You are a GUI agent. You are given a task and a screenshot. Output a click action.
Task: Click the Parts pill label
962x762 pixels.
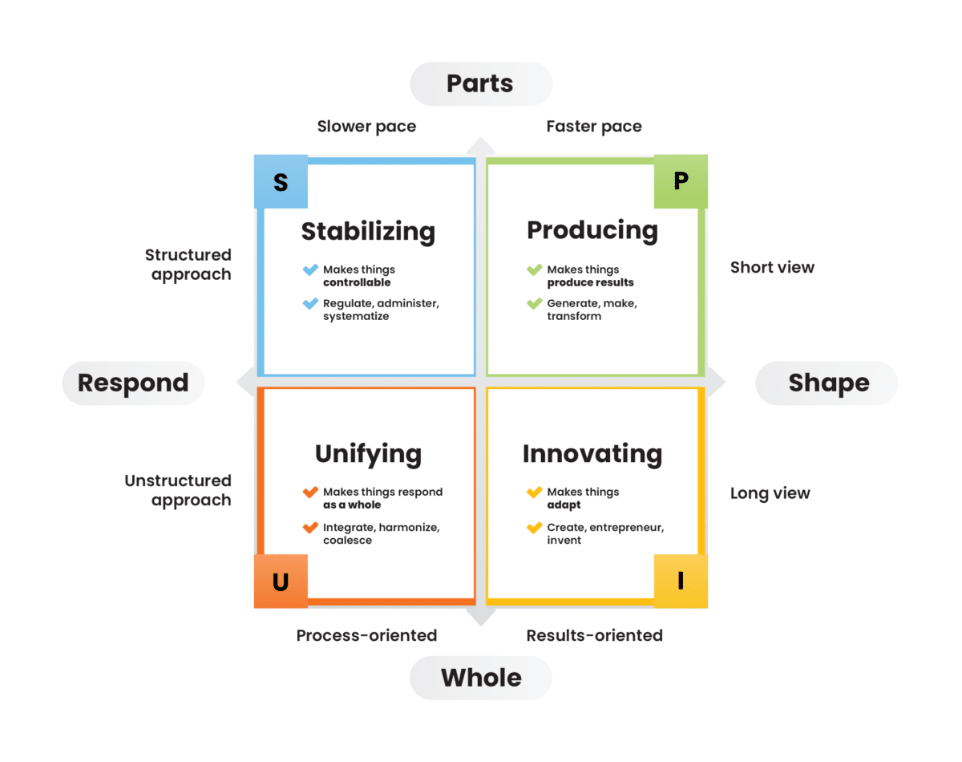(x=480, y=83)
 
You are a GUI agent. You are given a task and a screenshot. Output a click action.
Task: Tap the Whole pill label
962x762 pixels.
(x=481, y=678)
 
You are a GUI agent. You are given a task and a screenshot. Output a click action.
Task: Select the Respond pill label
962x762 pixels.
(x=133, y=383)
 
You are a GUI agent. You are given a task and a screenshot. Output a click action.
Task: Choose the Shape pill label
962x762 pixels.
(x=828, y=383)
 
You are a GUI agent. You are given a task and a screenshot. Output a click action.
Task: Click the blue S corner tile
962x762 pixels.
(x=281, y=182)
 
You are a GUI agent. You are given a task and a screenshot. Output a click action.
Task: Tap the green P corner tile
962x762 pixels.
(x=681, y=181)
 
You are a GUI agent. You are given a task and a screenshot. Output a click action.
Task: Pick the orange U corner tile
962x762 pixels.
(x=281, y=582)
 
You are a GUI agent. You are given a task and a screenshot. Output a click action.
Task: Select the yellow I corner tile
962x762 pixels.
(x=681, y=582)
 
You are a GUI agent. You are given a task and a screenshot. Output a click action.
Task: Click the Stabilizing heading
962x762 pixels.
(x=368, y=231)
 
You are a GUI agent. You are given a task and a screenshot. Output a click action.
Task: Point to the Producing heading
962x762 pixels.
(x=592, y=229)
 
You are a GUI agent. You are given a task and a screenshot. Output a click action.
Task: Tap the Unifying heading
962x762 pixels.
(x=368, y=453)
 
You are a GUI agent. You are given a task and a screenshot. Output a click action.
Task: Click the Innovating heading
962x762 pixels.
(x=592, y=453)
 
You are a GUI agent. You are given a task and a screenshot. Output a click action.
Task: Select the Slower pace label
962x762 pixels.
(x=366, y=126)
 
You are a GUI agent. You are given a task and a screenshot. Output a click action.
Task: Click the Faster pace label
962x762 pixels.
(x=594, y=126)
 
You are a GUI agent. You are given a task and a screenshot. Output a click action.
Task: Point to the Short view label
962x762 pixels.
(x=772, y=267)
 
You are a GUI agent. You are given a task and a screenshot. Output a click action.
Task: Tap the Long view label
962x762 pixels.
(x=770, y=493)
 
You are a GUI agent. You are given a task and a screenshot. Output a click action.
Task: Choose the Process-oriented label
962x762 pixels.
(x=366, y=635)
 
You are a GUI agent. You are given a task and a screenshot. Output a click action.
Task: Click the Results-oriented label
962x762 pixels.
(x=594, y=635)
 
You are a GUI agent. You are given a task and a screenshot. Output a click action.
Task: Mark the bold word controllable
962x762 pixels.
(x=357, y=282)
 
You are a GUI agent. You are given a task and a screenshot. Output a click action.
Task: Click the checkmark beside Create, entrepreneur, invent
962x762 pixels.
(x=534, y=528)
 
